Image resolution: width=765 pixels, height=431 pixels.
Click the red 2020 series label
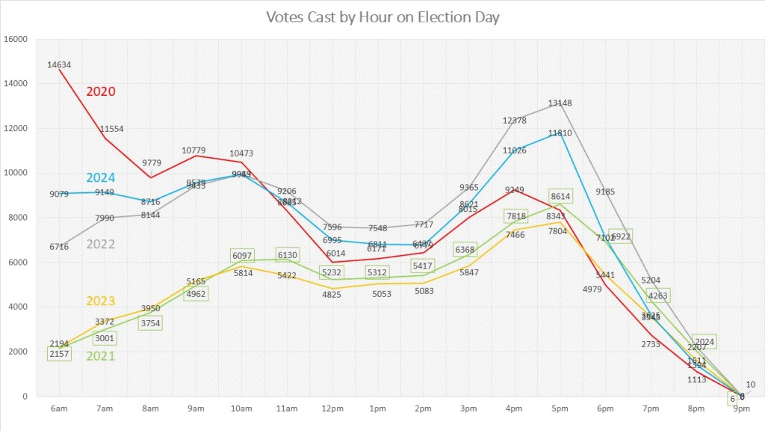[x=101, y=91]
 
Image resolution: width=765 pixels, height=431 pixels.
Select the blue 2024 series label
[x=101, y=178]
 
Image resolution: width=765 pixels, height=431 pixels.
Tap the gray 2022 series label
[x=101, y=244]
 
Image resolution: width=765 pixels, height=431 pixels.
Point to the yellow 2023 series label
[x=101, y=302]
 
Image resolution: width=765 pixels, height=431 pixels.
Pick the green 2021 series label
[x=101, y=356]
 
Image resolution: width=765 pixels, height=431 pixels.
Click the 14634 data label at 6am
[x=59, y=65]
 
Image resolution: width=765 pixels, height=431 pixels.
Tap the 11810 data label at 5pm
[x=560, y=134]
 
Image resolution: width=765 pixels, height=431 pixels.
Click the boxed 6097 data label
[x=242, y=256]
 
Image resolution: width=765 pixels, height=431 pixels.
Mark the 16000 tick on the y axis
[x=17, y=40]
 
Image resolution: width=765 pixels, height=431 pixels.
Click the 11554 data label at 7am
[x=111, y=129]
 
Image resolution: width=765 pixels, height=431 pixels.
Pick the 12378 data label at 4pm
[x=514, y=120]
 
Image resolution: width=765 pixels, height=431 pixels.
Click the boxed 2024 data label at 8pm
[x=705, y=342]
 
